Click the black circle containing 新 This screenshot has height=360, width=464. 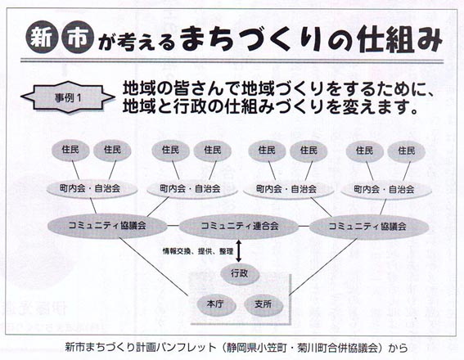click(x=42, y=37)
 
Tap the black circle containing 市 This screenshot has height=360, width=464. click(x=78, y=37)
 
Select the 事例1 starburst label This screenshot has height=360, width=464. click(x=68, y=97)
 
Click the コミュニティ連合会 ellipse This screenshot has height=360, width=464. click(x=239, y=227)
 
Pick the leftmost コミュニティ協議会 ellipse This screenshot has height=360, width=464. click(x=107, y=226)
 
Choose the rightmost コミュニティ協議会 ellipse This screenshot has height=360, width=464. click(x=369, y=227)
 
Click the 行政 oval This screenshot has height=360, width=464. click(x=240, y=273)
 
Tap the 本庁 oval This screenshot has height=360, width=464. click(x=216, y=304)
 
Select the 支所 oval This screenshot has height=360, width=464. click(x=263, y=304)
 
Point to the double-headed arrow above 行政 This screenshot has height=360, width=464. click(x=238, y=251)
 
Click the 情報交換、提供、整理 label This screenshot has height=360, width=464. click(x=198, y=251)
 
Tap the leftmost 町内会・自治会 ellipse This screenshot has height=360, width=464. click(x=92, y=189)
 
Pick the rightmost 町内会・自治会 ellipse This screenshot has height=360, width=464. click(x=386, y=189)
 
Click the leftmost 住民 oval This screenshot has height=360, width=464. click(x=70, y=150)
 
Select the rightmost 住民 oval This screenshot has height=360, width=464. click(x=406, y=151)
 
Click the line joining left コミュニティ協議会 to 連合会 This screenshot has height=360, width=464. click(x=173, y=226)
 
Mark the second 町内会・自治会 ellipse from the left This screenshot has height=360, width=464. click(x=191, y=189)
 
